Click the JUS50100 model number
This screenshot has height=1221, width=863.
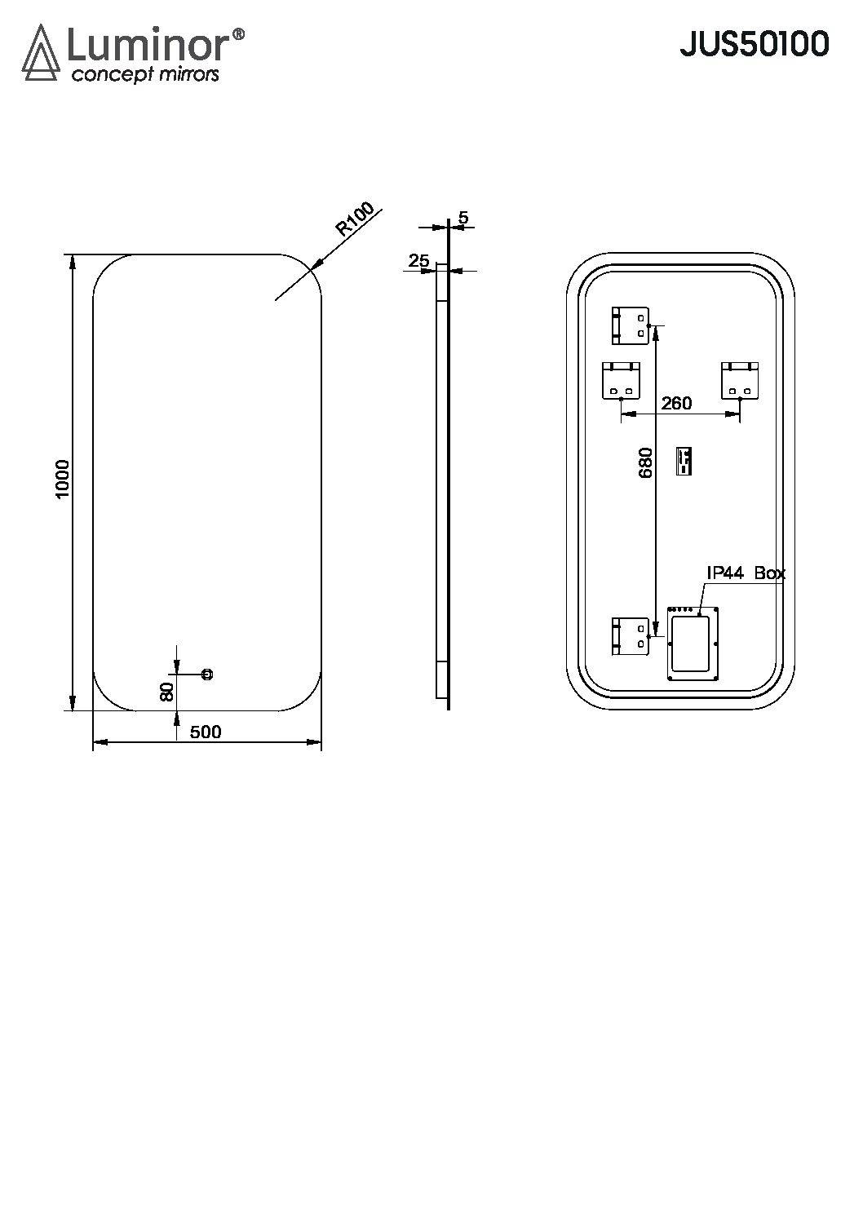point(754,44)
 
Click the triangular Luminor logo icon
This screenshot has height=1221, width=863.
point(41,53)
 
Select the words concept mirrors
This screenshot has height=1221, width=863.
point(145,74)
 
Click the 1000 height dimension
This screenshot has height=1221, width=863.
point(64,478)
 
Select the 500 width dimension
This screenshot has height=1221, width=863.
point(206,732)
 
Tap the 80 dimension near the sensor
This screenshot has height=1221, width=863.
point(167,692)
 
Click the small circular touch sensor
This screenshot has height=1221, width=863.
point(207,675)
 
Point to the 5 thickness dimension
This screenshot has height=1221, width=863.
point(462,218)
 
